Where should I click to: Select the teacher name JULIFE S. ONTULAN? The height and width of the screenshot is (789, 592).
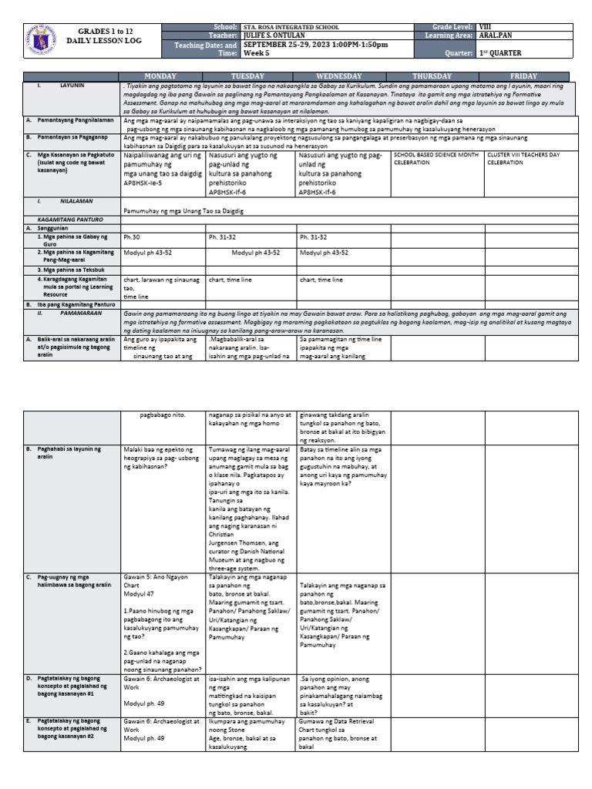pos(274,35)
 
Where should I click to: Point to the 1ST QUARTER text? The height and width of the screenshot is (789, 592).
pos(500,53)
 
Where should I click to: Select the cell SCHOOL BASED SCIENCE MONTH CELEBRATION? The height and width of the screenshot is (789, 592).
pos(435,159)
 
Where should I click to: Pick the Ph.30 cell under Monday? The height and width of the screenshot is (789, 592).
pos(132,237)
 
